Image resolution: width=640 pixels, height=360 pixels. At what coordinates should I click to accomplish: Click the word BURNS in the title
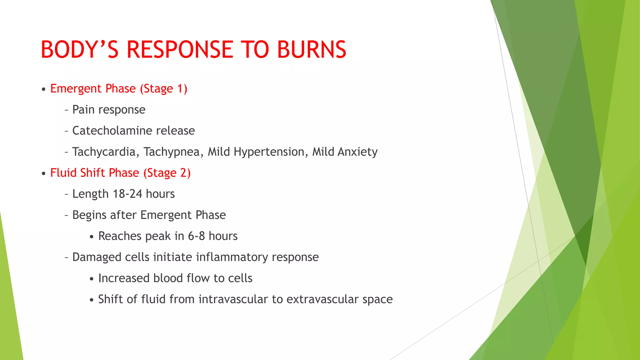click(x=312, y=50)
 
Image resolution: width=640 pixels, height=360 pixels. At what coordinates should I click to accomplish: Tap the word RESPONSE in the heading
click(x=180, y=50)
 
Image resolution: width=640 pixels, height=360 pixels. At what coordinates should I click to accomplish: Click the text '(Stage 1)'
click(x=163, y=89)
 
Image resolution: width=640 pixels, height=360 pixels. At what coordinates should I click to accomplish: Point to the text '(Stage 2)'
click(x=167, y=173)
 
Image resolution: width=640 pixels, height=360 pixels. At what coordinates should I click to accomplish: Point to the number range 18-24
click(x=127, y=194)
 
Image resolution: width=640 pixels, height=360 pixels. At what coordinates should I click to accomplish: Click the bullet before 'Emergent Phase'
click(x=43, y=89)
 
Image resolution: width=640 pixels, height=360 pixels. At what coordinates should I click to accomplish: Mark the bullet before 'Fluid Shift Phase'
click(x=43, y=173)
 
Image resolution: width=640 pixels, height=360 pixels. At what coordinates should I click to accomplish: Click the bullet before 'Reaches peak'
click(x=91, y=237)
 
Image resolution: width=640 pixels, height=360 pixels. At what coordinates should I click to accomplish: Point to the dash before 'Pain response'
click(x=66, y=110)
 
